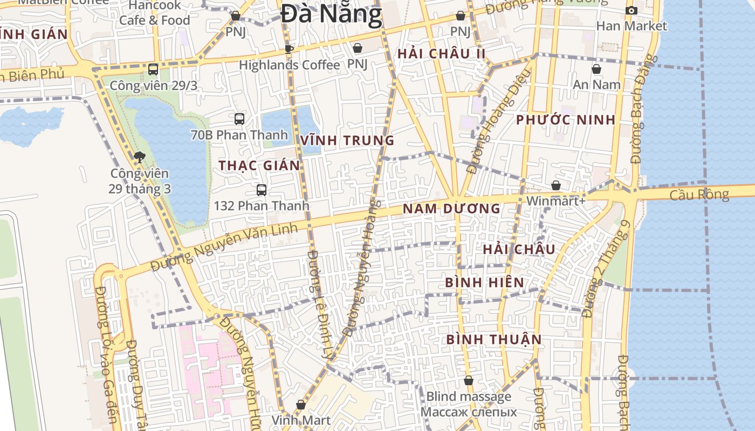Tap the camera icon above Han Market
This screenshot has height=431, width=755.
pyautogui.click(x=632, y=10)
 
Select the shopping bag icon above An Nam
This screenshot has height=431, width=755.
pyautogui.click(x=596, y=69)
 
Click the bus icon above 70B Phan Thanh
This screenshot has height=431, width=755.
pyautogui.click(x=239, y=119)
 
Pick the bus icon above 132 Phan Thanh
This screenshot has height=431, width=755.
pyautogui.click(x=262, y=190)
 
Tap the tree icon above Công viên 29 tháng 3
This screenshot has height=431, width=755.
pyautogui.click(x=140, y=157)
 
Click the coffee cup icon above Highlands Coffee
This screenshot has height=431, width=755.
pyautogui.click(x=289, y=49)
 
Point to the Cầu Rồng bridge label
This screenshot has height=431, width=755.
pyautogui.click(x=699, y=194)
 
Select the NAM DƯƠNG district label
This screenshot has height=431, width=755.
pyautogui.click(x=451, y=208)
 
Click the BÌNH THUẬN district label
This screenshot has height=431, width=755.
pyautogui.click(x=493, y=339)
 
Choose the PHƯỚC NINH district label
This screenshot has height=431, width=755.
pyautogui.click(x=566, y=120)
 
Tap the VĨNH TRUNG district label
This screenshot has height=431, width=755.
pyautogui.click(x=347, y=141)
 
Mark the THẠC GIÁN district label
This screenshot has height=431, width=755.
pyautogui.click(x=259, y=165)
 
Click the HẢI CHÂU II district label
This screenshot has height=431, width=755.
pyautogui.click(x=442, y=54)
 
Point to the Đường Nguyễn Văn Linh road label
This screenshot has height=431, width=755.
pyautogui.click(x=224, y=248)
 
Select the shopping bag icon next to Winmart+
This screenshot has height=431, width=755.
pyautogui.click(x=556, y=185)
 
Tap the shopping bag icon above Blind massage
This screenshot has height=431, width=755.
pyautogui.click(x=469, y=380)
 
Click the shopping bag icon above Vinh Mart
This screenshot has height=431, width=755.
pyautogui.click(x=301, y=404)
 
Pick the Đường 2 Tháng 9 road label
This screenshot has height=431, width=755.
pyautogui.click(x=606, y=269)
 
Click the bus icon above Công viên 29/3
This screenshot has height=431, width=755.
pyautogui.click(x=153, y=69)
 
